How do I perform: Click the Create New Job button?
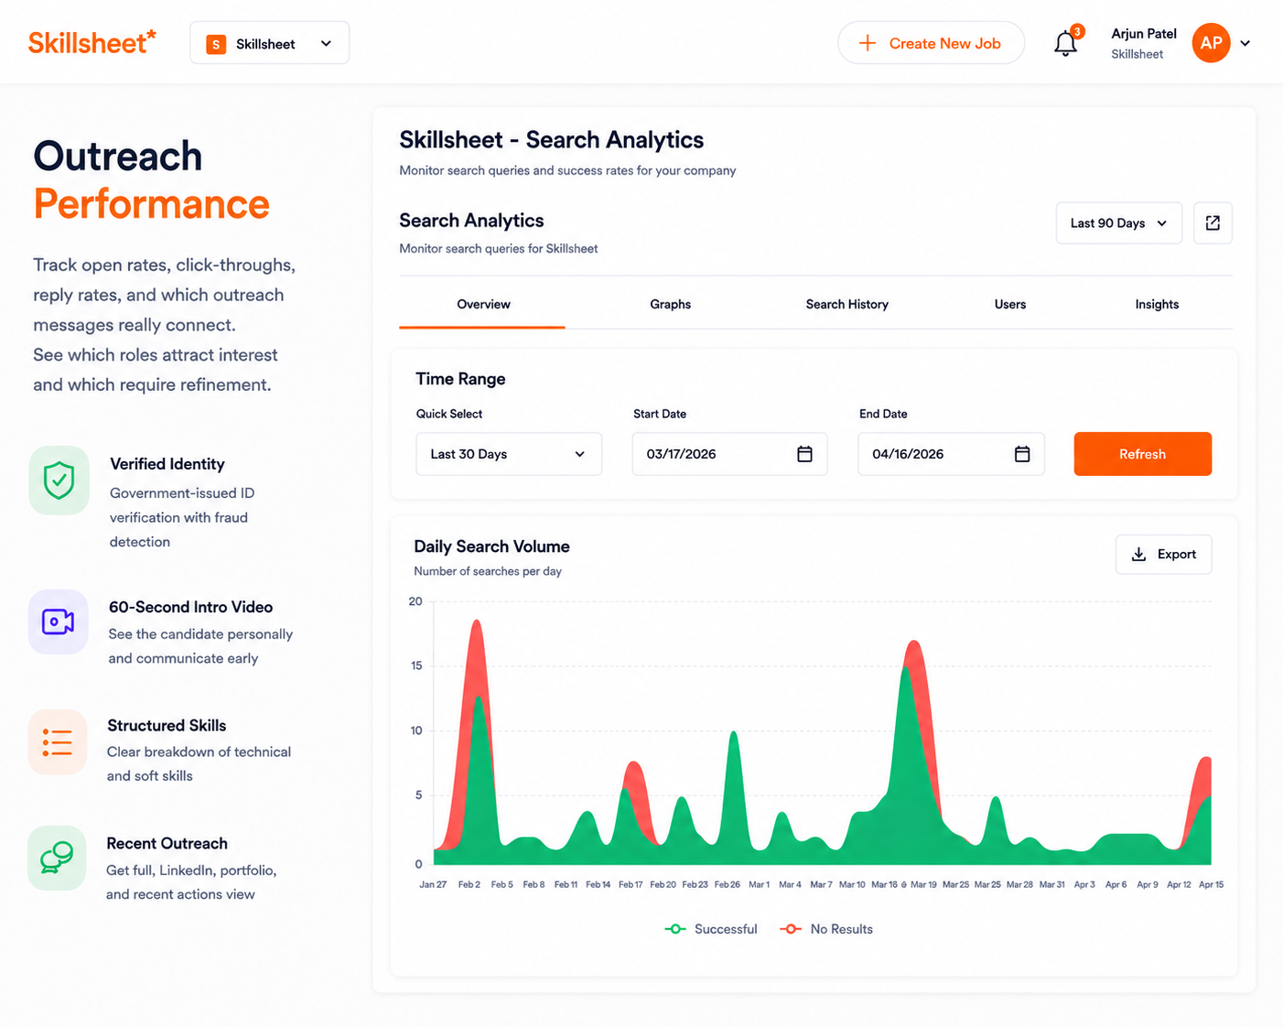point(931,43)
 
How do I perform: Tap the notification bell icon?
point(1065,44)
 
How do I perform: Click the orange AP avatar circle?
point(1211,43)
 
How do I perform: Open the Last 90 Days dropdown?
point(1118,223)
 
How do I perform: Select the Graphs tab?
point(670,304)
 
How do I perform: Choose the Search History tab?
point(846,304)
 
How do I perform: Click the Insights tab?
point(1157,304)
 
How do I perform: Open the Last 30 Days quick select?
point(509,454)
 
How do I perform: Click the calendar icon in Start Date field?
point(804,454)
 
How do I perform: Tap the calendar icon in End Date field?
point(1022,454)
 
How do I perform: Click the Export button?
point(1163,554)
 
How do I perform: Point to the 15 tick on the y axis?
point(416,665)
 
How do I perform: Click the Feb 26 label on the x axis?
point(727,884)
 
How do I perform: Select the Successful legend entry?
point(711,929)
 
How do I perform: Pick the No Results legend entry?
point(825,929)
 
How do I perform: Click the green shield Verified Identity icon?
point(59,481)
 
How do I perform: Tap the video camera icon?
point(58,622)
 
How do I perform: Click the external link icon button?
point(1213,223)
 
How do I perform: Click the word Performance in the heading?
point(151,204)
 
